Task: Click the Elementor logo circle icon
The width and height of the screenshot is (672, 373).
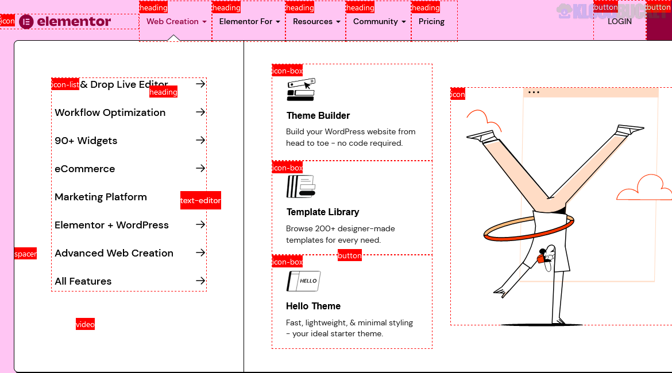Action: (26, 22)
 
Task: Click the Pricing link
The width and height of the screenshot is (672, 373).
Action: (431, 22)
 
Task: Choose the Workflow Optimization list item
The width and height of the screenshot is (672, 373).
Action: (110, 112)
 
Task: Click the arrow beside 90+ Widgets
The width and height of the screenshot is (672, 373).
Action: (200, 140)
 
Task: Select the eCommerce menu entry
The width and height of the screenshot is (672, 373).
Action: (84, 169)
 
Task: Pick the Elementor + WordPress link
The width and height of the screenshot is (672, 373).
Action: (111, 225)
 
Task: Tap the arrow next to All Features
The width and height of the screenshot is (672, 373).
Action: (200, 281)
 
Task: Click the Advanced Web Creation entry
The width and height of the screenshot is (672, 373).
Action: (114, 253)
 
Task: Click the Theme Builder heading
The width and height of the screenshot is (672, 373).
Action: (318, 115)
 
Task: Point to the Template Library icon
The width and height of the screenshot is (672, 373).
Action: (301, 187)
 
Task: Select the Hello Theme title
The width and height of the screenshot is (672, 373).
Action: (313, 306)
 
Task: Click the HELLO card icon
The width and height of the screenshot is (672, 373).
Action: (303, 281)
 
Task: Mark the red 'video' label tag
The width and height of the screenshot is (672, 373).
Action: (85, 324)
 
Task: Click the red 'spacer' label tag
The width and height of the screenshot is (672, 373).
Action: (25, 254)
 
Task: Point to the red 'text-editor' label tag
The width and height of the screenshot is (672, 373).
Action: (200, 200)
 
